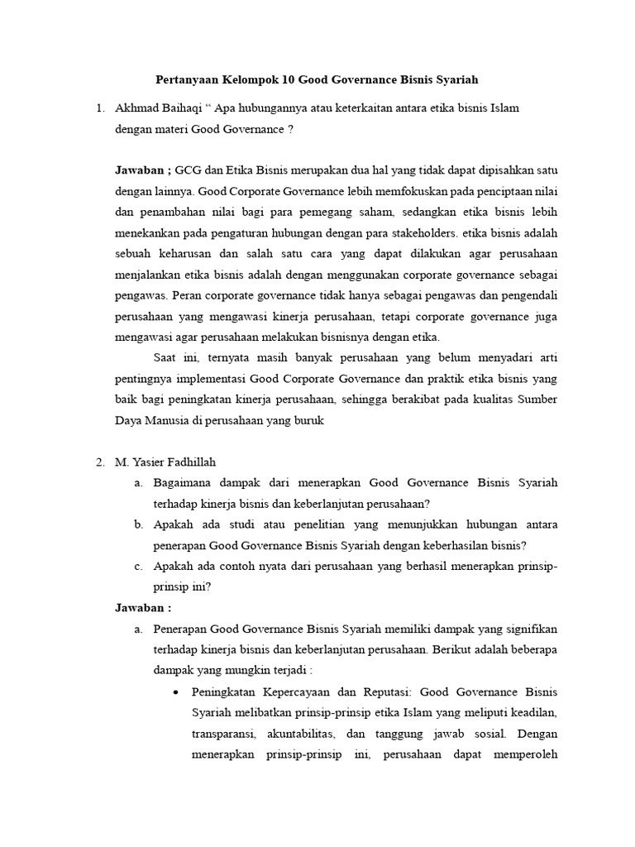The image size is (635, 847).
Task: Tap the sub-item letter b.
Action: pos(138,524)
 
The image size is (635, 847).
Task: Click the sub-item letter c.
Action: pos(138,566)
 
